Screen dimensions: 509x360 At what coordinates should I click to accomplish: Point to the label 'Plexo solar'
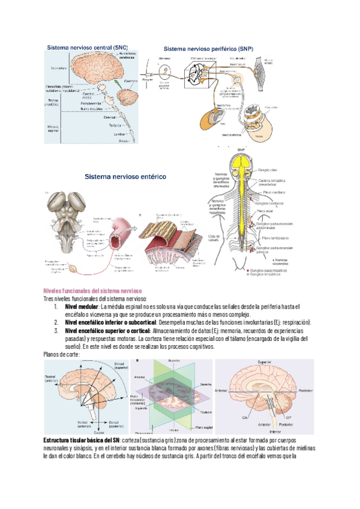point(268,211)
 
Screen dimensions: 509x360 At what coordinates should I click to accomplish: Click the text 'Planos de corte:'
point(61,354)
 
